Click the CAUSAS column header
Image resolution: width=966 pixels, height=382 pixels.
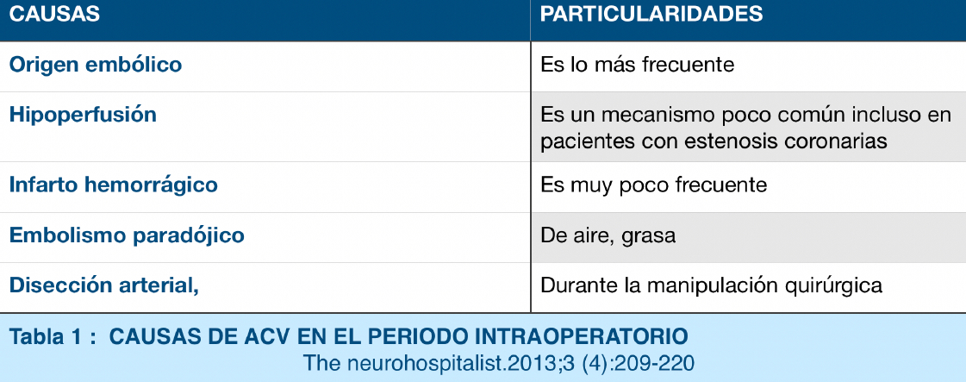pyautogui.click(x=54, y=15)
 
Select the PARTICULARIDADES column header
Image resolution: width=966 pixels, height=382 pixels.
pyautogui.click(x=651, y=15)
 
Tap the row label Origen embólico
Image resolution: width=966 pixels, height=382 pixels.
pyautogui.click(x=96, y=66)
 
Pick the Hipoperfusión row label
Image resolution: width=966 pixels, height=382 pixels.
pyautogui.click(x=83, y=116)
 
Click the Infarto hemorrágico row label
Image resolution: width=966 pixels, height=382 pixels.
pyautogui.click(x=114, y=185)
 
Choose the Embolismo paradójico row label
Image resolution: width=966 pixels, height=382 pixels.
pyautogui.click(x=127, y=236)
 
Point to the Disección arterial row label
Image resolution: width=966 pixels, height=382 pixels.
pyautogui.click(x=103, y=286)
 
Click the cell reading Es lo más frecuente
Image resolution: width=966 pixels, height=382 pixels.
pyautogui.click(x=638, y=66)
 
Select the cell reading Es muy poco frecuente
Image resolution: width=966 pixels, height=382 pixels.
pyautogui.click(x=654, y=185)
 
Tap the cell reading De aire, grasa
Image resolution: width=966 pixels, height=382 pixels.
pyautogui.click(x=608, y=236)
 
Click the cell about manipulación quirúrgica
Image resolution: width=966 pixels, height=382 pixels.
pyautogui.click(x=712, y=286)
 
